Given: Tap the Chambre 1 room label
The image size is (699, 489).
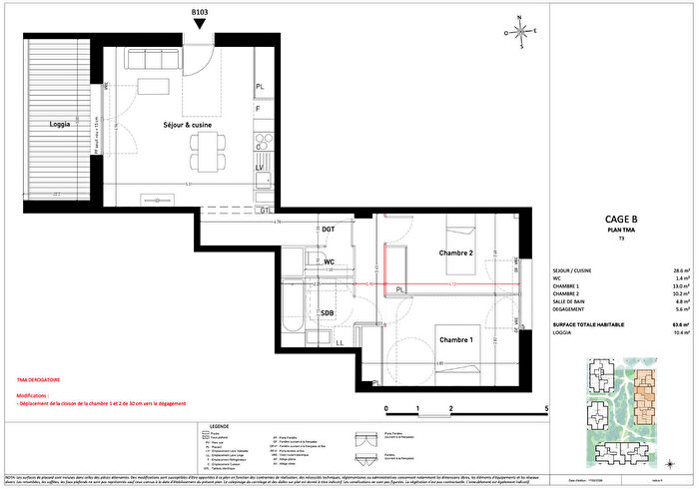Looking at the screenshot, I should click(456, 340).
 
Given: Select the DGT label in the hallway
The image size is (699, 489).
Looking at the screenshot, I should click(329, 231).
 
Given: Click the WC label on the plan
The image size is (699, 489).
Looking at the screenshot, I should click(329, 262).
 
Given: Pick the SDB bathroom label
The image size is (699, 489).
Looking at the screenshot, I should click(328, 313).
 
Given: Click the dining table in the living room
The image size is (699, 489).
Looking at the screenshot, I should click(209, 151).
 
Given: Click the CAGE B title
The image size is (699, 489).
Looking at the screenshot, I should click(622, 221).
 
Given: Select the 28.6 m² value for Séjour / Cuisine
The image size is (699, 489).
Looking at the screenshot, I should click(683, 270).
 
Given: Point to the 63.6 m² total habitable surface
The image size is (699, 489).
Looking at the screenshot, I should click(683, 325).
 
